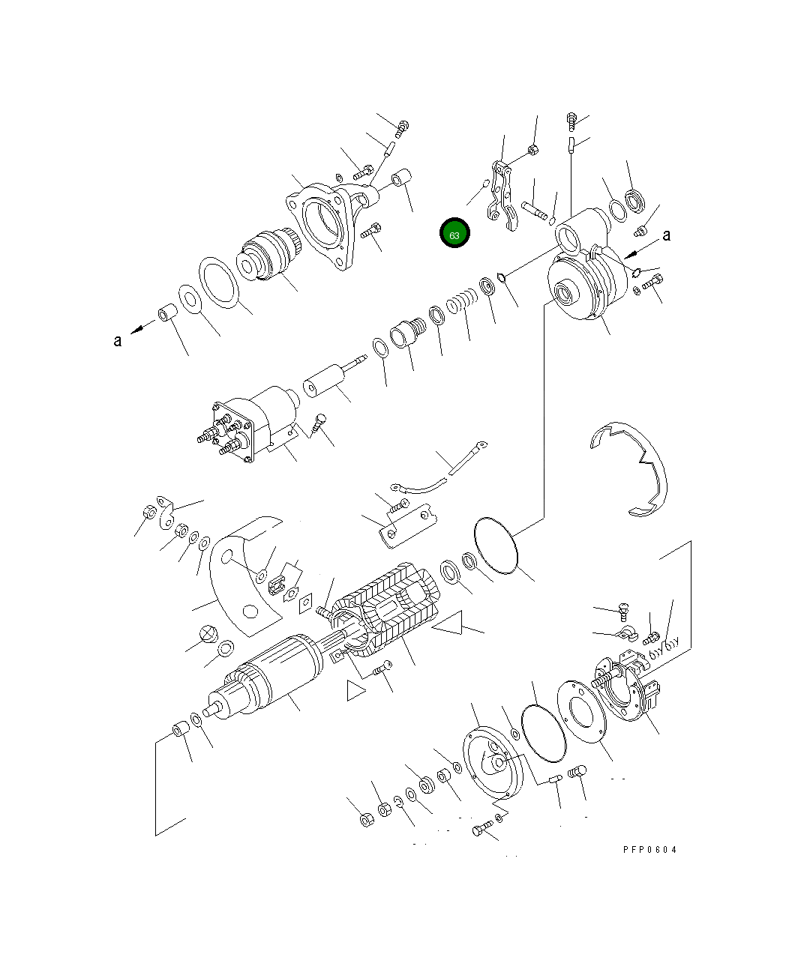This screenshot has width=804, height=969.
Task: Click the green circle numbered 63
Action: (x=454, y=234)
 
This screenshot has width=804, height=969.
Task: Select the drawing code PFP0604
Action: (x=649, y=850)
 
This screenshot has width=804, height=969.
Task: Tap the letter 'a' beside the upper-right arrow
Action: (x=666, y=235)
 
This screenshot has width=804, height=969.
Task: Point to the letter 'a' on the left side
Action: (x=117, y=341)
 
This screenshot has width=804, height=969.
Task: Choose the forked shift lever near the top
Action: (x=501, y=193)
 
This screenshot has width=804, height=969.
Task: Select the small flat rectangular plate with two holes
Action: (x=405, y=525)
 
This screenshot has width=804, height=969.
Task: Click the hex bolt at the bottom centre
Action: (x=481, y=829)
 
